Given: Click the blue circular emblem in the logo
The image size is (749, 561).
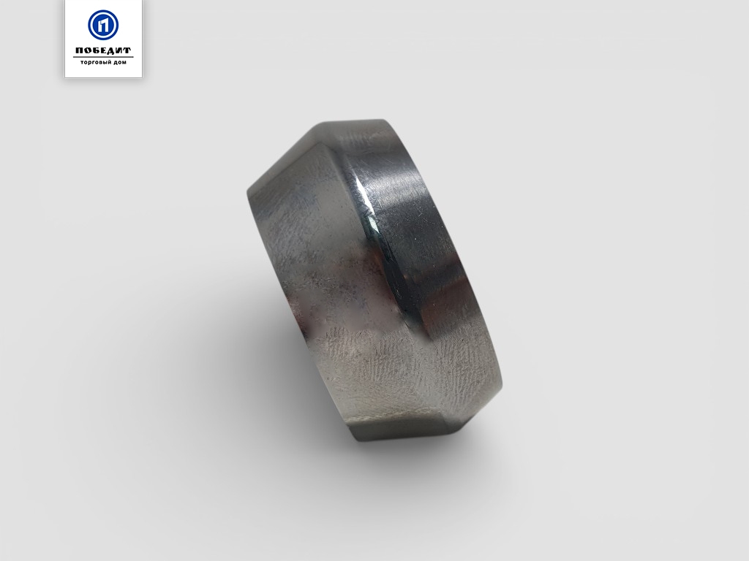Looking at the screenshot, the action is coord(103,25).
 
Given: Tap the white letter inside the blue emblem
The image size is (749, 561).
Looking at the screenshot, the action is coord(103,26).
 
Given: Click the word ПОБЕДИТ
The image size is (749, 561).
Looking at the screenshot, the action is coord(103,50).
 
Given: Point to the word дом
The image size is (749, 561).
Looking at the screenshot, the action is coord(121,63).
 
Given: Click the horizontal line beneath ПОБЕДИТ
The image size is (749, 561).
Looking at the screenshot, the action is coord(103,57).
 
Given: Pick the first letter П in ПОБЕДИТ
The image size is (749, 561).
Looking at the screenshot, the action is coord(79,51).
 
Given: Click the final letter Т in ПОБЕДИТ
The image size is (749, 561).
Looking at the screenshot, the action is coord(127,51).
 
